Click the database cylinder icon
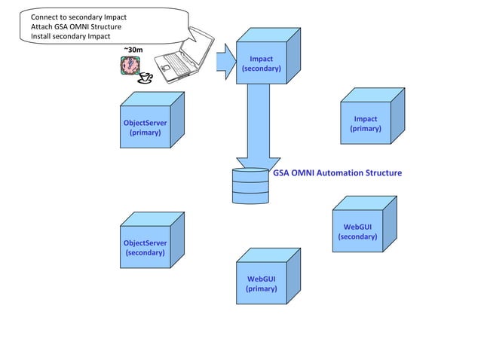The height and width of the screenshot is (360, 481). [250, 186]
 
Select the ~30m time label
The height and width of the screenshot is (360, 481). [133, 50]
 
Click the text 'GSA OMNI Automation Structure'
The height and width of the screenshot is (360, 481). [337, 173]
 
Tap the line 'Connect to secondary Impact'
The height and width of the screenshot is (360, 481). [78, 17]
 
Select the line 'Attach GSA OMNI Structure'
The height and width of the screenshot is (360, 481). [75, 26]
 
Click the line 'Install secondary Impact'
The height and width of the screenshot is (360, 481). [70, 36]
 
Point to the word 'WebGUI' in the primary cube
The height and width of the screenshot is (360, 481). [262, 279]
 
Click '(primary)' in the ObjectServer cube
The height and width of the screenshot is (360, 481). [146, 133]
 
